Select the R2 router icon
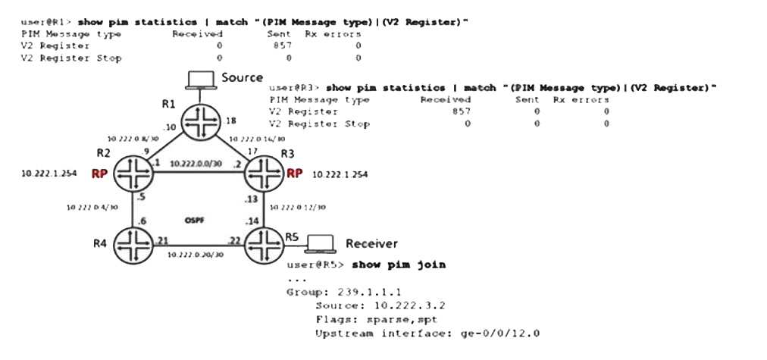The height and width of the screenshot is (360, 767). coord(133,174)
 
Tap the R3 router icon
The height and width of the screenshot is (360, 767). coord(262,174)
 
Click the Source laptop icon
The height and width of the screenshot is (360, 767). coord(202,80)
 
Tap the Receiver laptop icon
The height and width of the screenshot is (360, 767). coord(319,243)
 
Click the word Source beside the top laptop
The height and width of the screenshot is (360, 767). coord(243,77)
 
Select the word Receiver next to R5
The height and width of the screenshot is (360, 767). coord(371,243)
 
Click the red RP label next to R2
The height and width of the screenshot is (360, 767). coord(99,174)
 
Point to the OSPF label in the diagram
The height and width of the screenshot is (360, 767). coord(196,220)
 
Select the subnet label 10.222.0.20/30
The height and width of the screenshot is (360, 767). coord(195,255)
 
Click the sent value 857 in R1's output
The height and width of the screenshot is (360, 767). coord(282,45)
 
